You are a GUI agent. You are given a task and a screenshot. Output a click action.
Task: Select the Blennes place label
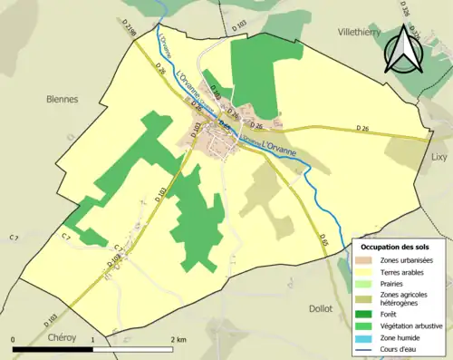(62, 99)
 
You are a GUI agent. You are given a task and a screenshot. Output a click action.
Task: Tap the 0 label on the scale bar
(14, 339)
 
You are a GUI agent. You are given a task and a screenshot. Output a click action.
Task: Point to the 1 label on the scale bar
(92, 339)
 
